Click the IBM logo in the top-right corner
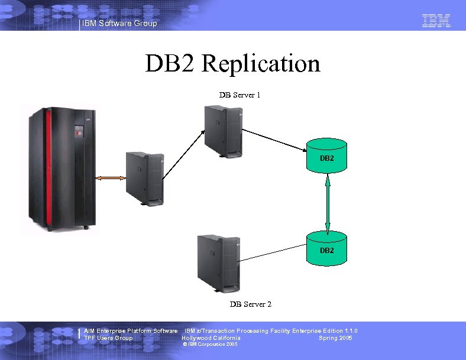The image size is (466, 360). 436,21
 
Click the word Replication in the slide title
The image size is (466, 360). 260,64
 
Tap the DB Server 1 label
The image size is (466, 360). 240,95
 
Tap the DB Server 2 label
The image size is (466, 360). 250,304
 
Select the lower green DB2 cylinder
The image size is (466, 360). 327,248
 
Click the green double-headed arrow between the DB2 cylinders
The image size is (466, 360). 328,201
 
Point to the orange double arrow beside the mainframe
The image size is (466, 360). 111,177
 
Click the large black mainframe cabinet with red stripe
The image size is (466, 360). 59,168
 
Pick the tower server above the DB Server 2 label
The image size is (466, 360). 218,261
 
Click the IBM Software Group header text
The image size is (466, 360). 120,24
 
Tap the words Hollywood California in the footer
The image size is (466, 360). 211,338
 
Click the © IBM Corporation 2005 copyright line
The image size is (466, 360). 210,344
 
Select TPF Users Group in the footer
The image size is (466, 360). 108,338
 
